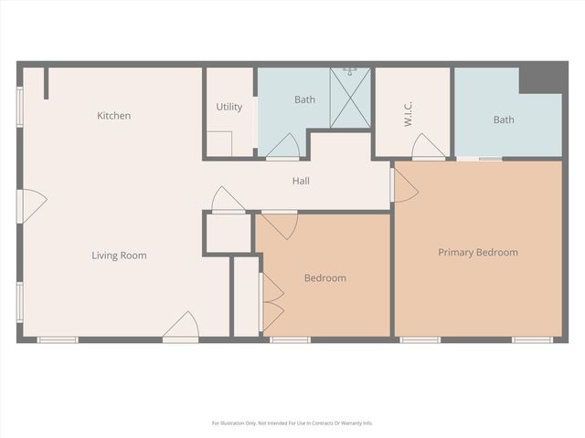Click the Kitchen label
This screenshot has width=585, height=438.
pos(114,116)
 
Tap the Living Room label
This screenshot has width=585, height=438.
pos(119,255)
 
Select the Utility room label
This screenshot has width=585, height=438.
pos(229,107)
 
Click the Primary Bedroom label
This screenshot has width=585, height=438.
pos(477,252)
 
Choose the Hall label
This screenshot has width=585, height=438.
pos(301,181)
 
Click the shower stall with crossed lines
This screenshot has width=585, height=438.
pos(350,98)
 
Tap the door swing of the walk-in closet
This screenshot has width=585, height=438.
pos(428,147)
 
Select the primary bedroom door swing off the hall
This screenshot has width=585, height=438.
pos(404,184)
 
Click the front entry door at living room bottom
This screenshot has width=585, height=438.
pos(182,326)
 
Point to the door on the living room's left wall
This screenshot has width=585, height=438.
pos(32,205)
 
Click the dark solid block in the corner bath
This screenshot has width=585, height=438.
pos(540,79)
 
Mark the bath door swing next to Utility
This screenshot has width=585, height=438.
pos(282,146)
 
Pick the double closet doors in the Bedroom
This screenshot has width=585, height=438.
pos(271,302)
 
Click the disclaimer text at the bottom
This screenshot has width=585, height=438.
pos(292,422)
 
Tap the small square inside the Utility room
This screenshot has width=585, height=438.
pos(218,143)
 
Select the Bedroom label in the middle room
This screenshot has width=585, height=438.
pos(324,277)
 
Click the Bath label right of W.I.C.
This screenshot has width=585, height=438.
pos(504,120)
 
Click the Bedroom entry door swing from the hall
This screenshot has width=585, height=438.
pos(279,224)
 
